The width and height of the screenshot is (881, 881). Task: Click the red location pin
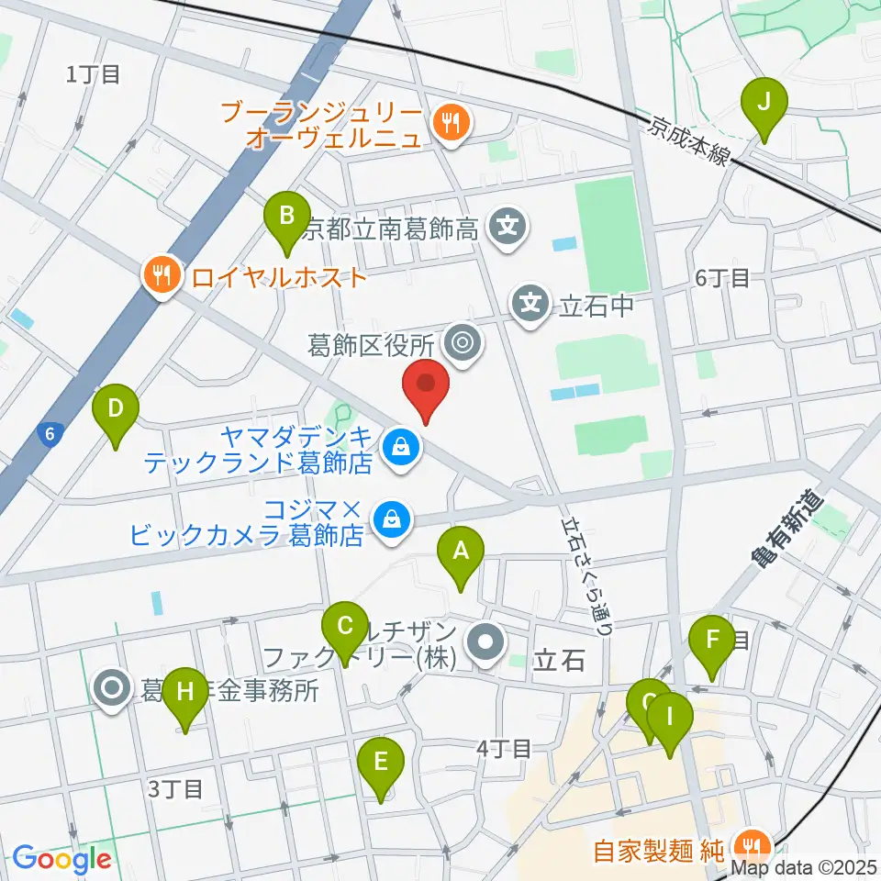tap(427, 389)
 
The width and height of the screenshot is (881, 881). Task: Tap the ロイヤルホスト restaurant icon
tap(162, 276)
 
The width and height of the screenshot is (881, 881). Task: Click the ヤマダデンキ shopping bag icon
tap(400, 449)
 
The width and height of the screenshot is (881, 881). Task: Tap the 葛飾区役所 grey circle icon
tap(461, 345)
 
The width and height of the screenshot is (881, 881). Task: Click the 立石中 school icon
tap(531, 304)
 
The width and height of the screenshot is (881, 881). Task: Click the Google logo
tap(61, 860)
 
